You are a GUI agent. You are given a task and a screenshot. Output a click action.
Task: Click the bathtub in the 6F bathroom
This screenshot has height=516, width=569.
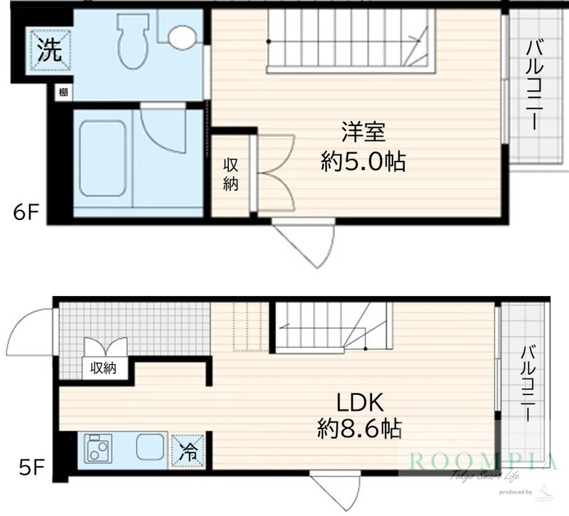coord(102,157)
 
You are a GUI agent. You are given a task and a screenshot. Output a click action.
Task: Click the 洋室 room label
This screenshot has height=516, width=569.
coord(363,133)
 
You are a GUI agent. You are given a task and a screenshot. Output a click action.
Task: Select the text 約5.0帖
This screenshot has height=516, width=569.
coord(363,162)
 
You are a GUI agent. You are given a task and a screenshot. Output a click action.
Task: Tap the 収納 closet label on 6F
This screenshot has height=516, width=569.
coord(231,174)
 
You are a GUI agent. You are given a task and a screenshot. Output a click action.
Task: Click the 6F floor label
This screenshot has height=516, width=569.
coord(23,212)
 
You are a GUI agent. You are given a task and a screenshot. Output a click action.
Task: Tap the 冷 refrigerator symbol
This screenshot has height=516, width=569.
coord(187,451)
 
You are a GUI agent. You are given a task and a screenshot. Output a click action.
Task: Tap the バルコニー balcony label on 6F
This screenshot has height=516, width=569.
coord(534,86)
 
